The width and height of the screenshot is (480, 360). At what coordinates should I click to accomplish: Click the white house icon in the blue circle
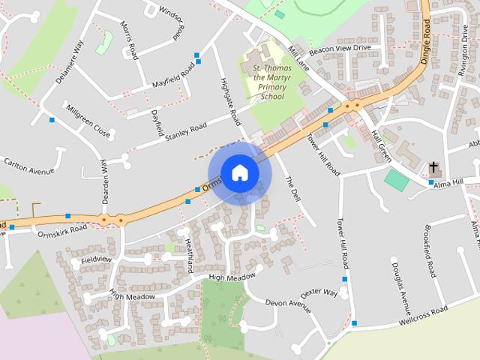click(239, 172)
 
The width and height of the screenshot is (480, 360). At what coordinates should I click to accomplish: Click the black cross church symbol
click(433, 166)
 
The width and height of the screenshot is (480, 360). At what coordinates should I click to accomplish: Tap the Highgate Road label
click(229, 100)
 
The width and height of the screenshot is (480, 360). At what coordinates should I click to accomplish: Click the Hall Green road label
click(381, 145)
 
